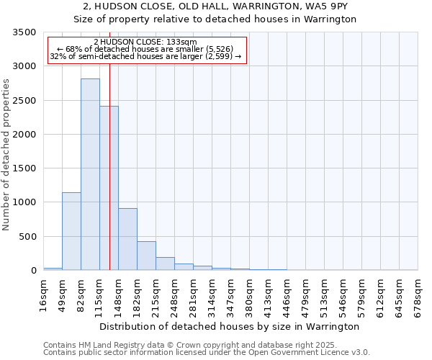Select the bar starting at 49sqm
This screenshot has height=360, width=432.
pyautogui.click(x=71, y=231)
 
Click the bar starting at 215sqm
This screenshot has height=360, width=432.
pyautogui.click(x=165, y=264)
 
